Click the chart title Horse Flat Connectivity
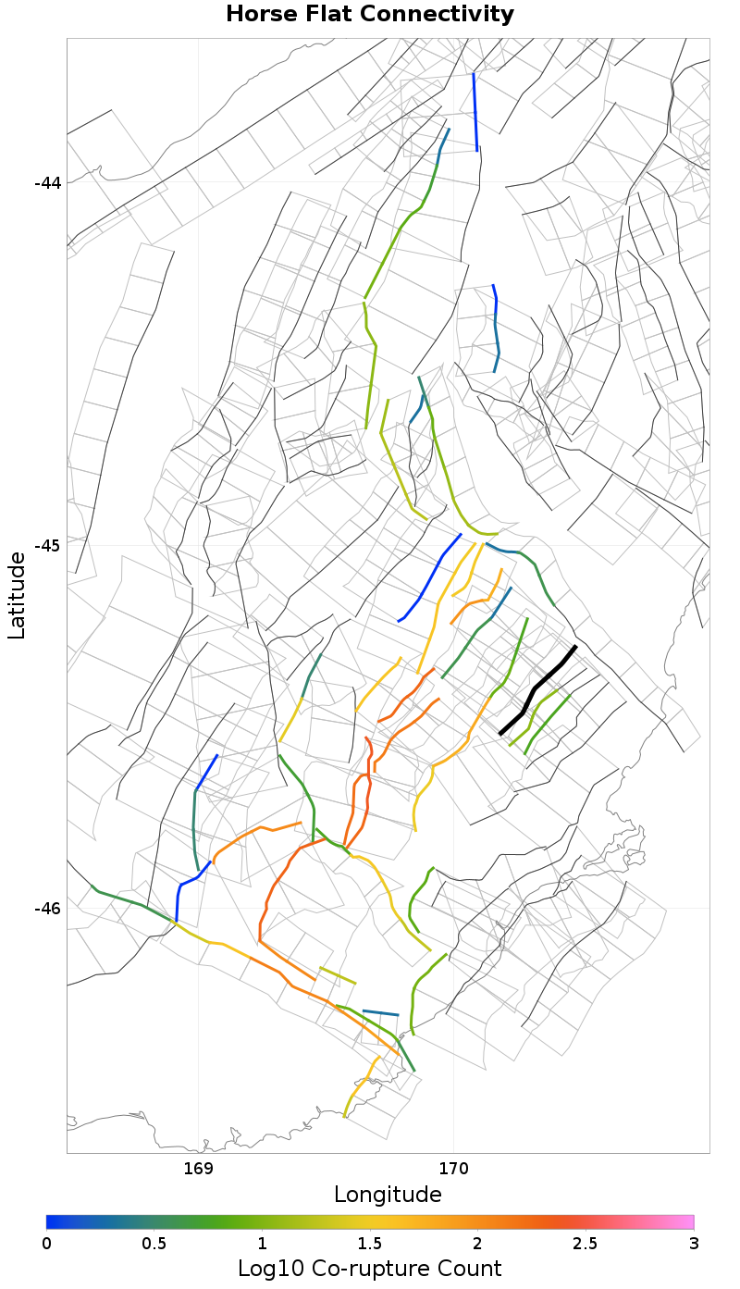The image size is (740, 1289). tap(370, 14)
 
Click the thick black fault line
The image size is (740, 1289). tap(537, 689)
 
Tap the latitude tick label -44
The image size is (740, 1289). tap(47, 182)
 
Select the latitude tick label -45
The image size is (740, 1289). tap(47, 545)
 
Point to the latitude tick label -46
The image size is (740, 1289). tap(47, 908)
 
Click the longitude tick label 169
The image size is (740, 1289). tap(199, 1168)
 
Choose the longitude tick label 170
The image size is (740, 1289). tap(454, 1168)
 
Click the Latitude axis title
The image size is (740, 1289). tap(17, 595)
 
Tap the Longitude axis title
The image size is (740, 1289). tap(388, 1195)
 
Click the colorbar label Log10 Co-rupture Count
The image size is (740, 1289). tap(370, 1268)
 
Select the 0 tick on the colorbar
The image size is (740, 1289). tap(46, 1243)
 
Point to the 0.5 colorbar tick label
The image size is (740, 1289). tap(154, 1243)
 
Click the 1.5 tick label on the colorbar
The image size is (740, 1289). tap(370, 1243)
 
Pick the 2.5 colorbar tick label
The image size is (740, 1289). tap(586, 1243)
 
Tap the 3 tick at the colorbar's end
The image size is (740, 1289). tap(694, 1243)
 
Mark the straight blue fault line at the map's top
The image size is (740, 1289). tap(475, 111)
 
